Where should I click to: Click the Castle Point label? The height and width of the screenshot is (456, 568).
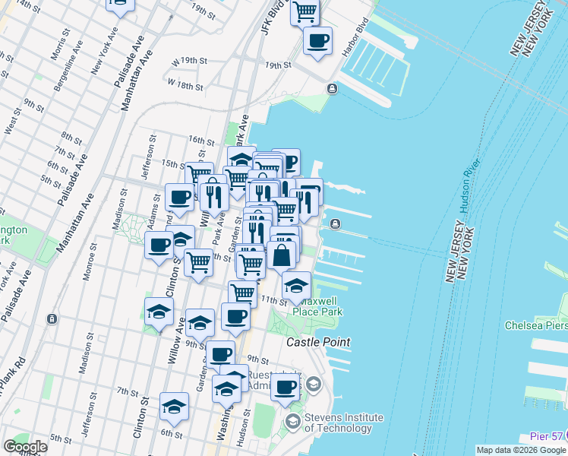318,343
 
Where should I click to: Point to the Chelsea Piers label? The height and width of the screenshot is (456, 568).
536,325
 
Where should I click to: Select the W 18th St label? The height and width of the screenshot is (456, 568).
185,84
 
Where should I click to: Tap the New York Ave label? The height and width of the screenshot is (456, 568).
106,52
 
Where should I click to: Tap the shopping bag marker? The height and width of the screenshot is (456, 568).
282,255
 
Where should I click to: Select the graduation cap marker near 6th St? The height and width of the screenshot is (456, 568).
174,407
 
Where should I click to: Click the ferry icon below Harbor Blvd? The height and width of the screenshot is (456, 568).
332,89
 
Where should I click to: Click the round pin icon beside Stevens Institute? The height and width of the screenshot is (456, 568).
292,420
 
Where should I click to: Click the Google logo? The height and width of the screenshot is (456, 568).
26,447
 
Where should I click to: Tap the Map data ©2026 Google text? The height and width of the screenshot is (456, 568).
521,450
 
